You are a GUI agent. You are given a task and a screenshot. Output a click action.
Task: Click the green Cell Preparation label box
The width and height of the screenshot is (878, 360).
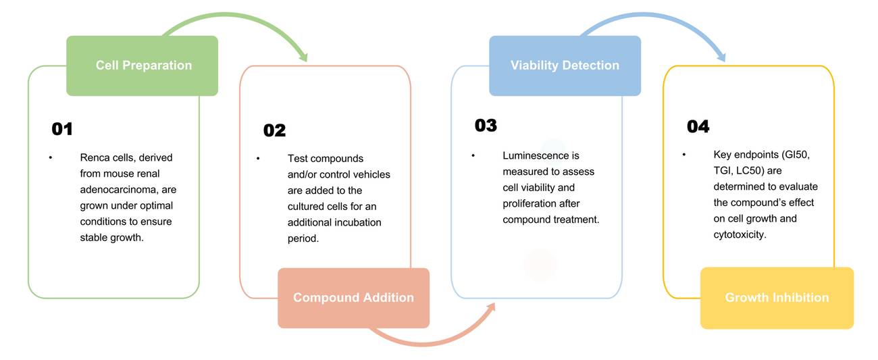143,66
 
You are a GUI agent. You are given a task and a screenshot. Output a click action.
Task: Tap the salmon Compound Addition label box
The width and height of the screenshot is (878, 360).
353,298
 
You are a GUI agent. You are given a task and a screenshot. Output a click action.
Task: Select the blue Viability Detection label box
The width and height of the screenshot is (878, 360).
565,66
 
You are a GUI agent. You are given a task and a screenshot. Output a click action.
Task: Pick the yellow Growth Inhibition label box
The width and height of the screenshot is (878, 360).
777,298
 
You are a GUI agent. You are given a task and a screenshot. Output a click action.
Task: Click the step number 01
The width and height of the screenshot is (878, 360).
62,129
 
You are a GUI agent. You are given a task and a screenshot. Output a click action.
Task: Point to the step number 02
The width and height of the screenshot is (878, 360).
274,130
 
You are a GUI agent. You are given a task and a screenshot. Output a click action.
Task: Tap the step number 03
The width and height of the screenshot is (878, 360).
486,126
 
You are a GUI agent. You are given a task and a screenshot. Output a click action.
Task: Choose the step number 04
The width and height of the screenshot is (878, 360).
698,126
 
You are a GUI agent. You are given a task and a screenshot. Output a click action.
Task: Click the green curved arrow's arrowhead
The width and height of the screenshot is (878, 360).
303,57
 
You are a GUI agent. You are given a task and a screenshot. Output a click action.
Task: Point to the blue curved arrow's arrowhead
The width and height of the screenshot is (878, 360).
721,57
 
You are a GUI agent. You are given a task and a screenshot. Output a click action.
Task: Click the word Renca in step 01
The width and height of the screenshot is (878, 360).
94,158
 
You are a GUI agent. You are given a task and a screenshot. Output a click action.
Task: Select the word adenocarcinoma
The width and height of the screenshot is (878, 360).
113,190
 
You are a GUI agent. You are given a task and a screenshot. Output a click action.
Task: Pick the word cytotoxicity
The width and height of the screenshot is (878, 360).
739,235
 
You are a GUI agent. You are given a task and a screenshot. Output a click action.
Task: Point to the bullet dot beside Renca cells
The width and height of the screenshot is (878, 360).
50,158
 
